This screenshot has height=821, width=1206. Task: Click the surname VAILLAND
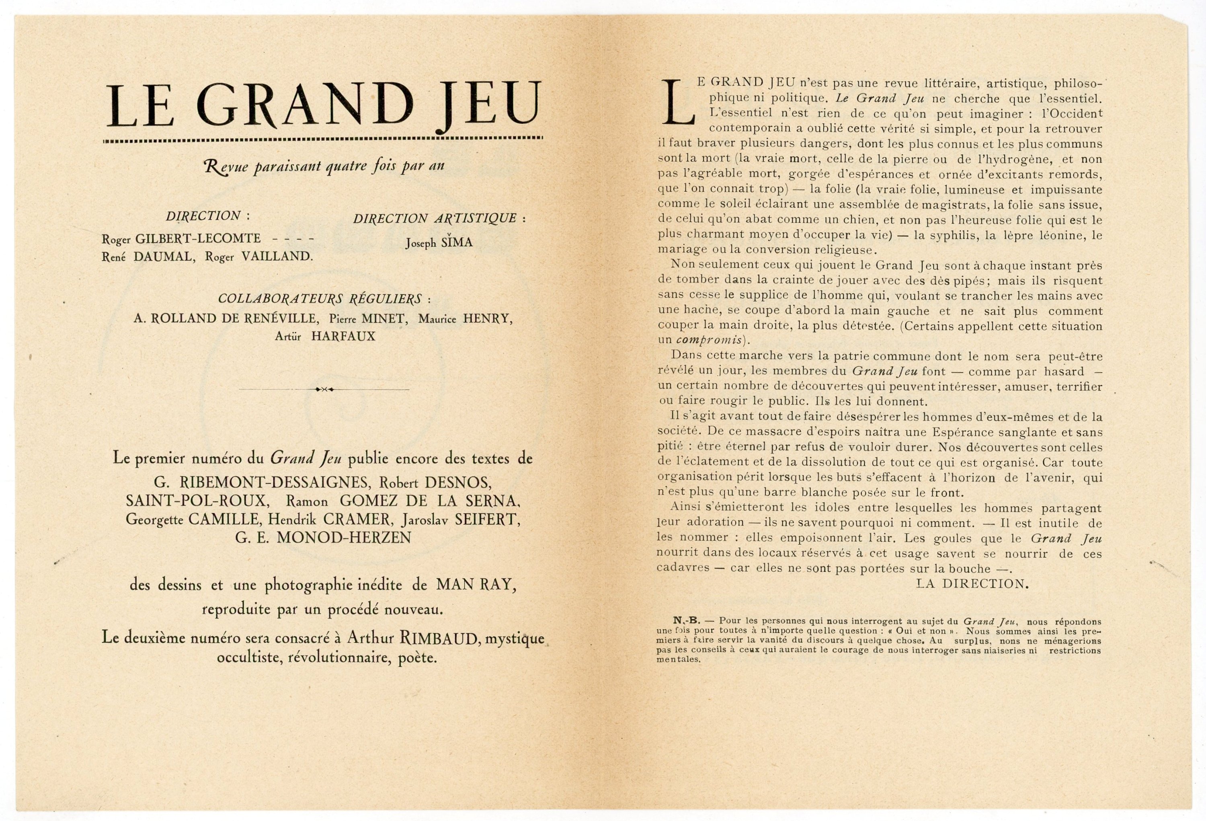pos(277,257)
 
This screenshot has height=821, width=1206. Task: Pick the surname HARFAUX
pos(343,336)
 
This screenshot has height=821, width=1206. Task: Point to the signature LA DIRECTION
pos(972,584)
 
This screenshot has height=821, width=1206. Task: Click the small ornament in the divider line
pos(324,389)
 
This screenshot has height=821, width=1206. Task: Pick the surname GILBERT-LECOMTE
pos(198,239)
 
